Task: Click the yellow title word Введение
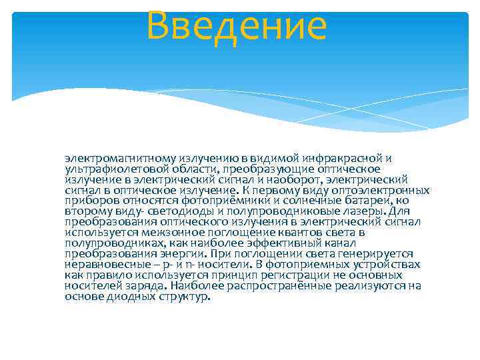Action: [237, 27]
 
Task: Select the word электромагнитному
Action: [120, 159]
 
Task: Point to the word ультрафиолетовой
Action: [117, 169]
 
